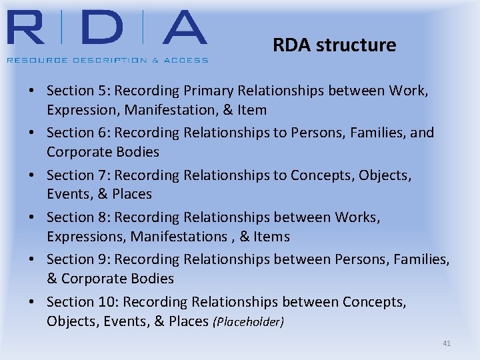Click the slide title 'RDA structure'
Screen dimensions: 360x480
334,45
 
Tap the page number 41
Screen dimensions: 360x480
447,343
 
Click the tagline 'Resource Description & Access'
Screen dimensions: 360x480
107,60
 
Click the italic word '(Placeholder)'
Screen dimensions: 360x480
248,322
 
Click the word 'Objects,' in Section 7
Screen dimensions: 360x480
385,175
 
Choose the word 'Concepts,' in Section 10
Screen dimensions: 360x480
374,302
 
